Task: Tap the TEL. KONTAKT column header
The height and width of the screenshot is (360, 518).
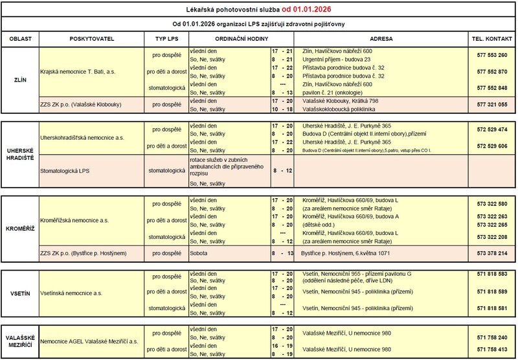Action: pos(491,39)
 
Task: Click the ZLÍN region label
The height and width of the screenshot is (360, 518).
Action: pos(20,79)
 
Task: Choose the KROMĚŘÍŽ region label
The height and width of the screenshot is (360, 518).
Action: pos(20,230)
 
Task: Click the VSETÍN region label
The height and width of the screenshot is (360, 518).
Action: pos(20,293)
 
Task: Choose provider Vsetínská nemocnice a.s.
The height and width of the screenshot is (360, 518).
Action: pos(72,293)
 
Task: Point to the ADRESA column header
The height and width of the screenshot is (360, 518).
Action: pos(383,39)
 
